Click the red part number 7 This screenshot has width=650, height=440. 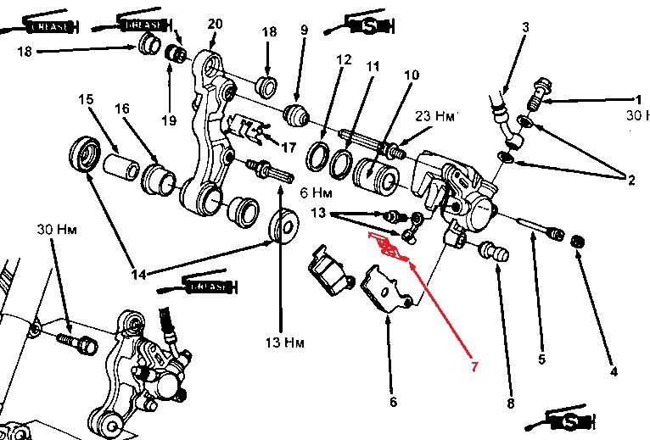point(475,367)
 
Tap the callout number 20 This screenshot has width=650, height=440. point(215,24)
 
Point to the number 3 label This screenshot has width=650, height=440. point(525,27)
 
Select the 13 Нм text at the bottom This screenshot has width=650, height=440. point(283,343)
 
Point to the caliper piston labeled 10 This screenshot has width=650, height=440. point(373,172)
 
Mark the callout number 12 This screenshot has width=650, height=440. point(343,60)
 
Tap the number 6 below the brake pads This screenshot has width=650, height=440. point(393,403)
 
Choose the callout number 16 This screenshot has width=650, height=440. point(122,109)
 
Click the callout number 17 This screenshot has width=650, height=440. point(289,147)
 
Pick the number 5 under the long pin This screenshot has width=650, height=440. point(541,359)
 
